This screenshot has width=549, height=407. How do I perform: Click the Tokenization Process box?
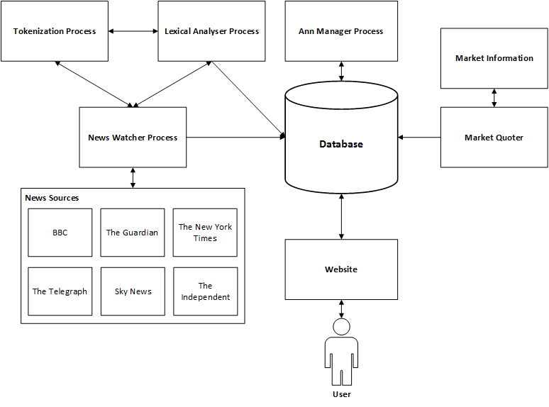(55, 31)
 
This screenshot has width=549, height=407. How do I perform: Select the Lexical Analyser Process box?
(211, 31)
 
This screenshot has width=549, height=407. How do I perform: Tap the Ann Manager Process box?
(341, 31)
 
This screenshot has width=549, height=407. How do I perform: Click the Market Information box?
(494, 58)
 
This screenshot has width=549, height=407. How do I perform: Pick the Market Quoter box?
(494, 138)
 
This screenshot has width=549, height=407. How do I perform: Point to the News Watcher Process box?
(133, 138)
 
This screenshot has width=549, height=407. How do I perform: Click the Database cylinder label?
(341, 144)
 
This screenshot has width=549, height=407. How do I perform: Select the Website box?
(341, 269)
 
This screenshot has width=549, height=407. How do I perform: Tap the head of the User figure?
(342, 327)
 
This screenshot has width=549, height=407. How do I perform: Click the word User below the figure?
(342, 394)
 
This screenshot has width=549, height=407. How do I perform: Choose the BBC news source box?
(60, 233)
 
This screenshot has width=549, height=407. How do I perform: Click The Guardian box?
(133, 233)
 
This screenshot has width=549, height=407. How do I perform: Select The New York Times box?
(205, 233)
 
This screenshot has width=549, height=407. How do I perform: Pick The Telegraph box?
(60, 291)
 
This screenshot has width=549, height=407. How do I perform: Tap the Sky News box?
(133, 291)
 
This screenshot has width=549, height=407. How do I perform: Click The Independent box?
(205, 291)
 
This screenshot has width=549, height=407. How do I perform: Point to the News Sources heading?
(52, 198)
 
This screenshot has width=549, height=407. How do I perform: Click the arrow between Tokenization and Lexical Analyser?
(133, 31)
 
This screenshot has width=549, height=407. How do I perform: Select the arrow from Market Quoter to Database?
(419, 138)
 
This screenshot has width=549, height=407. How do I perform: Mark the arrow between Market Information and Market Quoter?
(494, 98)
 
